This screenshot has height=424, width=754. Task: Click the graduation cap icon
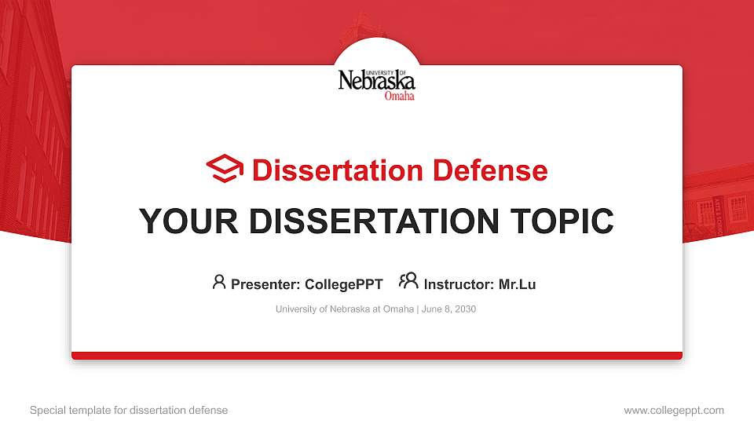[x=225, y=170]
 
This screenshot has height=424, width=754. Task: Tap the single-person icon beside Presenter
[x=219, y=282]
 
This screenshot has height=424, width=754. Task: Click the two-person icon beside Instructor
[x=408, y=282]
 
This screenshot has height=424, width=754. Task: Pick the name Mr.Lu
[x=518, y=284]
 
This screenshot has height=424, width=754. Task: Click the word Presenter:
[x=265, y=284]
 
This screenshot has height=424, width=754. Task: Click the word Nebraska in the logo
[x=376, y=81]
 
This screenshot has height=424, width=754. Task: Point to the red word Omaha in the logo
[x=399, y=96]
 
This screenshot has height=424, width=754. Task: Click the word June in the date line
[x=431, y=309]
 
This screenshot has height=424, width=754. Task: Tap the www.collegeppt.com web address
[x=674, y=410]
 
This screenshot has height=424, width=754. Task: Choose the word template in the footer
[x=97, y=410]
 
